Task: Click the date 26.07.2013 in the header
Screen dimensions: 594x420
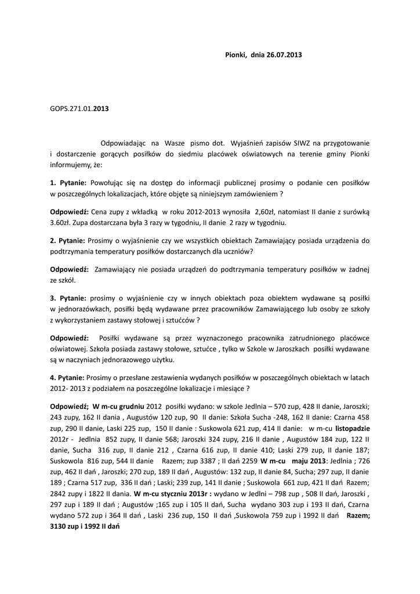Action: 284,55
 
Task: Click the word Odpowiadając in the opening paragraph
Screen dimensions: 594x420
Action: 122,142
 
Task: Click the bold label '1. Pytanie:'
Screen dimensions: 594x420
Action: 68,183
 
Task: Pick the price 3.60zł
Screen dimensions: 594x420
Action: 61,223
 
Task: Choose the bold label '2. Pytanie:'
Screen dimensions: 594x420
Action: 68,240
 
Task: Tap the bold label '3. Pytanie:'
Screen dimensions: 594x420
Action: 68,297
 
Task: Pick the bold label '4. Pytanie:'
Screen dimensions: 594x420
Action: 68,378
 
